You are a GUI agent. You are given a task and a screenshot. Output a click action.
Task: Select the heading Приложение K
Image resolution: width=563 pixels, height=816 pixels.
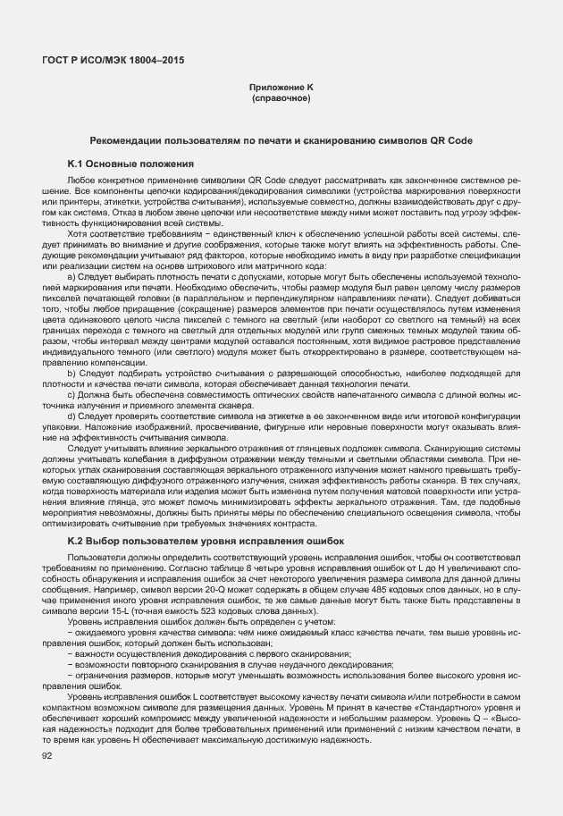(281, 88)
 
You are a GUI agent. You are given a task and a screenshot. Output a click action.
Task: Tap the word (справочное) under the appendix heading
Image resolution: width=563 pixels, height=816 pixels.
(281, 97)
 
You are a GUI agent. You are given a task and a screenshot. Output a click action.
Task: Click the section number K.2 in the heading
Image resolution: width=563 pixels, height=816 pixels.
(76, 542)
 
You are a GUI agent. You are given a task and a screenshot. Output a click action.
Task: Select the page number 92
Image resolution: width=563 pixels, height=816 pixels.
(47, 756)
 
